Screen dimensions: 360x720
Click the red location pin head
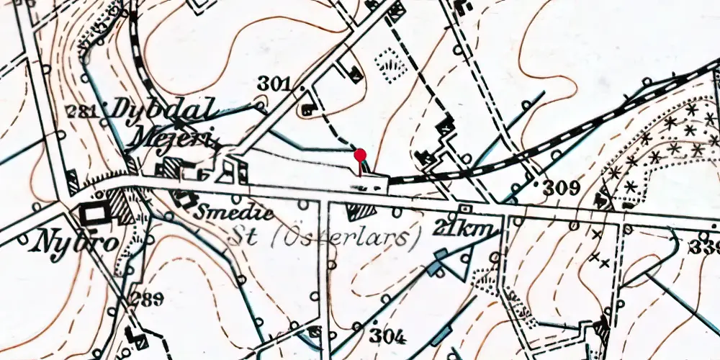361,154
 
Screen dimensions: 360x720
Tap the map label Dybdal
161,112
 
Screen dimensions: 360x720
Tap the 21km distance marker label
466,229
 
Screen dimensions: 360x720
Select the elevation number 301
274,85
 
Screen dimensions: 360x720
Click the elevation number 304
389,336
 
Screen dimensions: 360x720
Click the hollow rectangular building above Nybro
94,213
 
